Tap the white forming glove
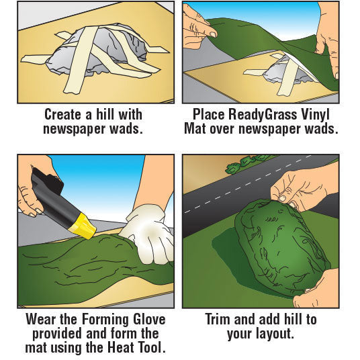pos(148,234)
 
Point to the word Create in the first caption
pos(62,114)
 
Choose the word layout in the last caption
pos(275,334)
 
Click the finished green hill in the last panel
pos(281,248)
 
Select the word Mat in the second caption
pos(195,129)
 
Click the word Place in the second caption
pos(208,114)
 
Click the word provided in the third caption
pos(57,334)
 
